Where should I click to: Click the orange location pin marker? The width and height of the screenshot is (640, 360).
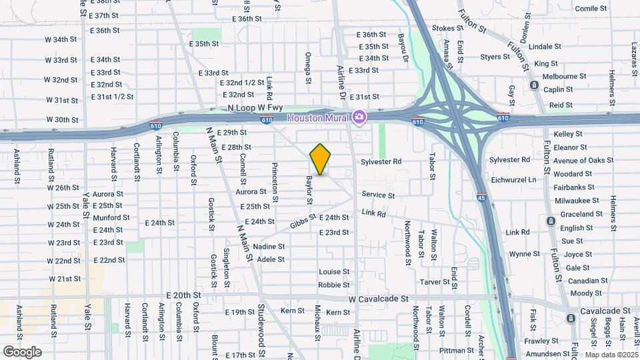[321, 159]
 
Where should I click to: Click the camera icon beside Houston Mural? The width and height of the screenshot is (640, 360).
[359, 117]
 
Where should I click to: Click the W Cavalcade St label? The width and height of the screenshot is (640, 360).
[377, 299]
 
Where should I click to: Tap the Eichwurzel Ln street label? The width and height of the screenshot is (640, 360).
[531, 179]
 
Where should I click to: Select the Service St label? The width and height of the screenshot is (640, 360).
[379, 195]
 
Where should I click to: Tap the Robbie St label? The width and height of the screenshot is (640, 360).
[334, 285]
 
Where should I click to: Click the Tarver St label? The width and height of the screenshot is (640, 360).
[435, 282]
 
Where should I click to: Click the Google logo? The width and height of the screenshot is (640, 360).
[22, 351]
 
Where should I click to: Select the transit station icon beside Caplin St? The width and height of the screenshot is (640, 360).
[534, 85]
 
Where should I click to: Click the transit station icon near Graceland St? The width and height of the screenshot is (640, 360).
[550, 221]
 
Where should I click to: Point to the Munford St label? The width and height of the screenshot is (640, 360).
[111, 218]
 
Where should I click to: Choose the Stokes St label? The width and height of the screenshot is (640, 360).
[447, 29]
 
